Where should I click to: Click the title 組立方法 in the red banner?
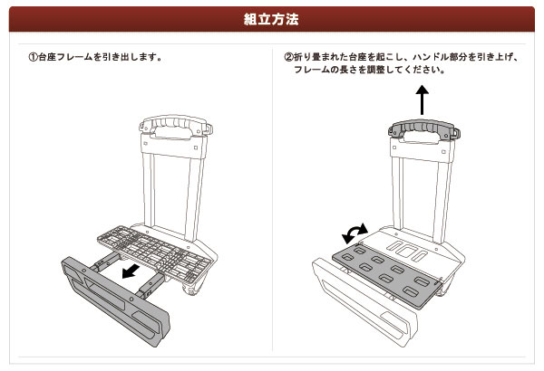pos(271,19)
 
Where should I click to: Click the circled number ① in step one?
pos(33,57)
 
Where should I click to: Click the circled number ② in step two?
pos(288,57)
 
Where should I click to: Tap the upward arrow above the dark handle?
pos(422,100)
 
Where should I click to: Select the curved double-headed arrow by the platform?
pos(354,233)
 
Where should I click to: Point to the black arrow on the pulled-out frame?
pos(131,271)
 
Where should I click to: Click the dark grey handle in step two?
pos(423,128)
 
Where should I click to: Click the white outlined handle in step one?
pos(176,125)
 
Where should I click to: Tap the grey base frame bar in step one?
pos(115,300)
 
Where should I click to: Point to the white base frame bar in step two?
pos(364,302)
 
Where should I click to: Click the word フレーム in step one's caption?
pos(74,57)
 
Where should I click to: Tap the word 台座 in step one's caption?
pos(47,57)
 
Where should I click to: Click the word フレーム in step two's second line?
pos(312,70)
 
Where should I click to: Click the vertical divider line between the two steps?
pos(272,199)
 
